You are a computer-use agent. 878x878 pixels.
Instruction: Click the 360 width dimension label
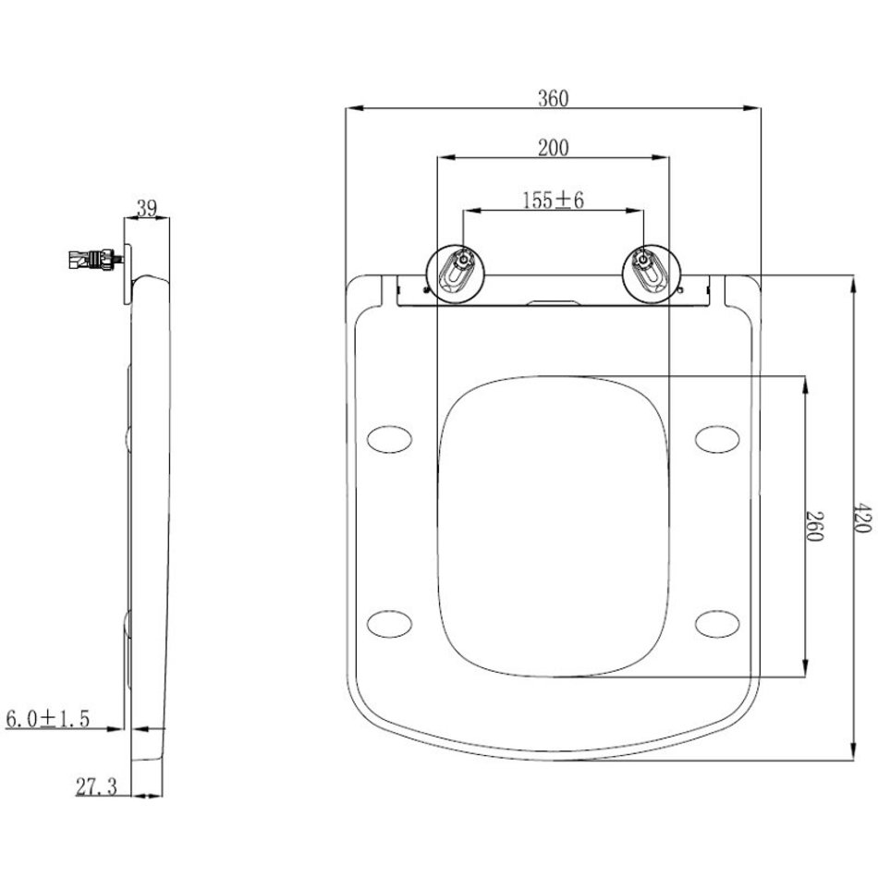[553, 99]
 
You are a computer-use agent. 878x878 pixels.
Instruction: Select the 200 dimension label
[553, 149]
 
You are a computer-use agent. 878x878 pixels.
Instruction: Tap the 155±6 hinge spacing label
[553, 200]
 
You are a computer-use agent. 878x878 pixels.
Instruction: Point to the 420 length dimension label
[862, 518]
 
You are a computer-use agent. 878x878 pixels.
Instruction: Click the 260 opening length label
[813, 526]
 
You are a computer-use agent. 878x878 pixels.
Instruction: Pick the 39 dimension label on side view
[147, 209]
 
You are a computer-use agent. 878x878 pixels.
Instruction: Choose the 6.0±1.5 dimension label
[47, 718]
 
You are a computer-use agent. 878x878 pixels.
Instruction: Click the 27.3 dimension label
[96, 787]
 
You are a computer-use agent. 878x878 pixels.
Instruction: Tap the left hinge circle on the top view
[457, 274]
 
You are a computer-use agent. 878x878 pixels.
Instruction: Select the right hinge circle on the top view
[652, 274]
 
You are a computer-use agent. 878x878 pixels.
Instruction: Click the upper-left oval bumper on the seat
[390, 438]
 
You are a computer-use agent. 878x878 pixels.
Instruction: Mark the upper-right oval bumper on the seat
[717, 438]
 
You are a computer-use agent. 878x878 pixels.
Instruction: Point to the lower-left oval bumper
[390, 624]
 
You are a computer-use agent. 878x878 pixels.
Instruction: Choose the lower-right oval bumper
[717, 624]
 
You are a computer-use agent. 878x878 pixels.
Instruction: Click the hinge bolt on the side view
[95, 260]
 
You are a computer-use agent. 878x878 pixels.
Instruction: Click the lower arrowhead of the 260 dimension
[805, 668]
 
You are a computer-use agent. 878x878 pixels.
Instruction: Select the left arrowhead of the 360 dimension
[354, 108]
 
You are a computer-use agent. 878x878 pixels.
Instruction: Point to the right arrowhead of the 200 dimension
[661, 158]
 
